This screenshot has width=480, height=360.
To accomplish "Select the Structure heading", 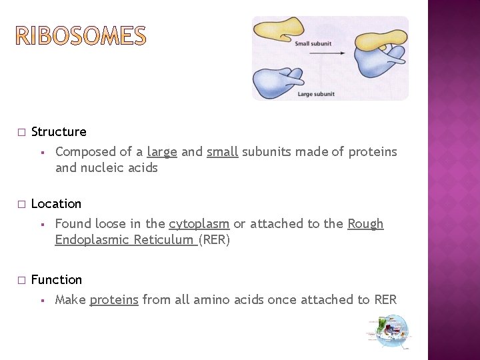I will [x=59, y=132].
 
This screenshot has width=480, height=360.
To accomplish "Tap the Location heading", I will [x=56, y=204].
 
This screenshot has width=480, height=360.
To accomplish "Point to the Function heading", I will [x=57, y=280].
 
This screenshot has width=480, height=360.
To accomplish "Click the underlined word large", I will [x=162, y=152].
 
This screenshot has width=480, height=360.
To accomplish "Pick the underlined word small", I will [x=222, y=152].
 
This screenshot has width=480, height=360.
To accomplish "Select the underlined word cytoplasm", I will [x=199, y=224].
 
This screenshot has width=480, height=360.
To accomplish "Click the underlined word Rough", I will [x=365, y=224].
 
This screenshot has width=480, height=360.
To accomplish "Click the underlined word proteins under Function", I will [x=114, y=300].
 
